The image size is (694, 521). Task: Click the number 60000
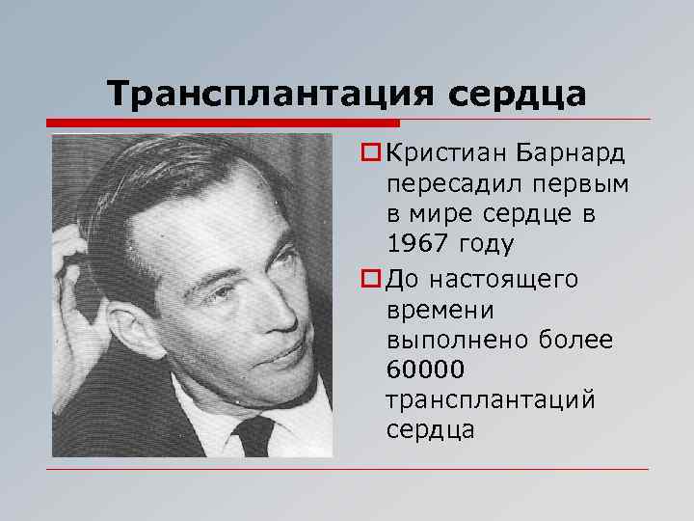[425, 369]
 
